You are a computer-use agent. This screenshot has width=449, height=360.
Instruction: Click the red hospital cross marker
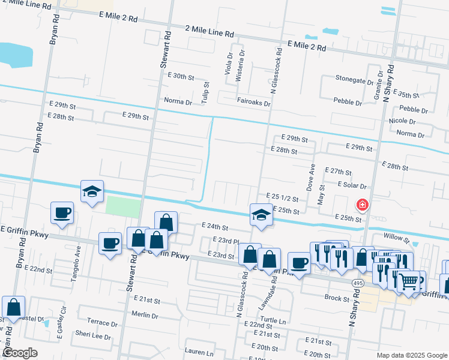pos(362,206)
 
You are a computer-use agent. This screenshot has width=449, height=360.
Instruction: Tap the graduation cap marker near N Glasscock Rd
pos(262,215)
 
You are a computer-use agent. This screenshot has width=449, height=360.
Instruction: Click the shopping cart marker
pos(409,280)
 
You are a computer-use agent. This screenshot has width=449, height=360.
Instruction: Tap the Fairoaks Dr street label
pos(253,103)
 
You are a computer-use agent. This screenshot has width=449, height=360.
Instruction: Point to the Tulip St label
pos(205,92)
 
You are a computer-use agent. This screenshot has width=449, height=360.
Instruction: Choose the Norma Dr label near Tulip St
pos(179,102)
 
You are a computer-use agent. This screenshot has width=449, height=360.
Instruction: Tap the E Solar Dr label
pos(352,185)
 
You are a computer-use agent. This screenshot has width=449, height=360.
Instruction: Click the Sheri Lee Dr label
pos(93,337)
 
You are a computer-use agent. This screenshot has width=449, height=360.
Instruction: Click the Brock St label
pos(337,298)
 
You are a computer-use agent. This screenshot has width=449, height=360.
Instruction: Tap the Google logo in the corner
pos(19,353)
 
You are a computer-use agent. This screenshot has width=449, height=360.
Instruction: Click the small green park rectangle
pos(122,206)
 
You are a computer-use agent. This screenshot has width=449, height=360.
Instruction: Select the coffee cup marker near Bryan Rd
pos(62,212)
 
